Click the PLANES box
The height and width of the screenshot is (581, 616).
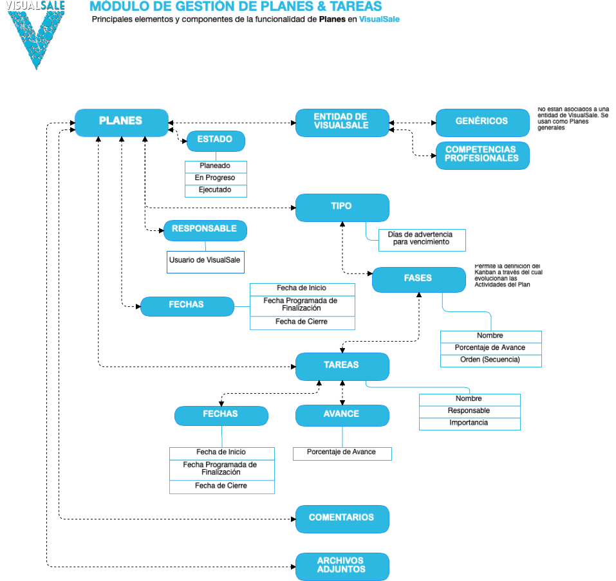coord(121,122)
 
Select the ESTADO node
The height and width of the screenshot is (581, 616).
coord(215,140)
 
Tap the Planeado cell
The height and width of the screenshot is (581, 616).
coord(216,166)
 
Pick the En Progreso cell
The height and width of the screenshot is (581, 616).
coord(216,178)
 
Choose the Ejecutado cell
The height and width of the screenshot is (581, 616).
coord(216,190)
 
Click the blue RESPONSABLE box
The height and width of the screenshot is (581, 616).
coord(205,230)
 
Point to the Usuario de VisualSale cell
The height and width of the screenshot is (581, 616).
coord(205,261)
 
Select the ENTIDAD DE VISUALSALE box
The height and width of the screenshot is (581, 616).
coord(342,122)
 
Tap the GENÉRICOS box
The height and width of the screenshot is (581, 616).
coord(482,122)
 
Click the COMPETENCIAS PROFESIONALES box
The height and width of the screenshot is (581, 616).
coord(482,155)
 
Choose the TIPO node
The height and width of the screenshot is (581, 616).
coord(342,207)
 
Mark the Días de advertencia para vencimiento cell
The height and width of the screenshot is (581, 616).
coord(422,239)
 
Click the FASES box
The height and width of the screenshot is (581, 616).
coord(418,279)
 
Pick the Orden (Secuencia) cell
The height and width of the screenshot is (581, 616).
coord(490,360)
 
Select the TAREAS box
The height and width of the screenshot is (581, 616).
coord(342,365)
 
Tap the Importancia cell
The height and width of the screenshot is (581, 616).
coord(469,423)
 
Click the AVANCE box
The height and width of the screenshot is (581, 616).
coord(342,415)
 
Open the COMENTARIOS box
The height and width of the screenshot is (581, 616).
coord(342,519)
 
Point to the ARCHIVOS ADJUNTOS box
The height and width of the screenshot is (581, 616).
coord(342,566)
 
